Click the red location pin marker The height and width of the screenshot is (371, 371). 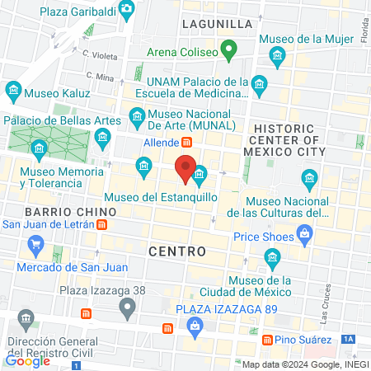(x=187, y=169)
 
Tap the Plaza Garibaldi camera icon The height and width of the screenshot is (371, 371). (x=126, y=9)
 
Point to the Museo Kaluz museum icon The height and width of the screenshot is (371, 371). (x=13, y=89)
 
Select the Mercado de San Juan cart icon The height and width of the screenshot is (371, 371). (x=35, y=244)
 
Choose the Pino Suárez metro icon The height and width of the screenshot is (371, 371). (x=267, y=340)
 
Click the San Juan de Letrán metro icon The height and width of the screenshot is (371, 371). (x=101, y=224)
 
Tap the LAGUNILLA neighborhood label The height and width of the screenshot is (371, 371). (x=217, y=26)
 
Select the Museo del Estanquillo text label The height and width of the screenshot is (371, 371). (x=161, y=198)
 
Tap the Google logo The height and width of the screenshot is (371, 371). (x=27, y=359)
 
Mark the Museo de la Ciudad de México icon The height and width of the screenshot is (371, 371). (x=272, y=261)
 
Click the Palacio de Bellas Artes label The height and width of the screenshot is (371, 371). (x=60, y=120)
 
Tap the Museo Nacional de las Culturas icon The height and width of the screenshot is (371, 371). (x=309, y=177)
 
